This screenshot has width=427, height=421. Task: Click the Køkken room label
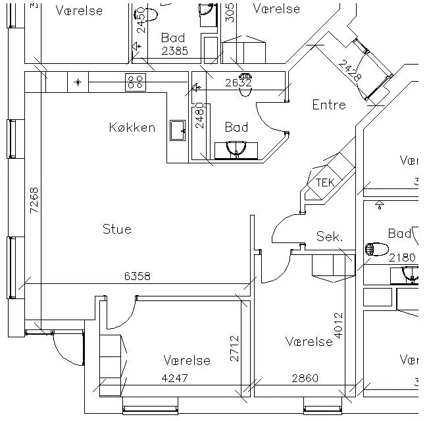coord(132,127)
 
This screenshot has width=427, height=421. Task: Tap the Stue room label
coord(117,229)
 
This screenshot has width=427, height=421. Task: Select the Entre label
coord(329,104)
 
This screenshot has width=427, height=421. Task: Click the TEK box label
coord(325,182)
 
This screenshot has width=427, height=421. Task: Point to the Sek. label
coord(330,237)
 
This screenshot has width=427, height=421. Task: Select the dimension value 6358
coord(138,277)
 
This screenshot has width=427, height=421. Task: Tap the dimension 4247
coord(175,378)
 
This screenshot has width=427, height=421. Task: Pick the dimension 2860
coord(305,378)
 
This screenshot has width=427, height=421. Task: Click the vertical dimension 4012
coord(339,325)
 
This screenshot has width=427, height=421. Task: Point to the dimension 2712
coord(234,349)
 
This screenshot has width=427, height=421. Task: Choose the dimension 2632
coord(238,83)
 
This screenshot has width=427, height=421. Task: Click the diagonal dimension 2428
coord(350,70)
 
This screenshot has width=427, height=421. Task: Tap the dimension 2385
coord(174,50)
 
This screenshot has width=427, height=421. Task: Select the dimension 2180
coord(402,258)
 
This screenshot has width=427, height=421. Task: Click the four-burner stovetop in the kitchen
coord(136,81)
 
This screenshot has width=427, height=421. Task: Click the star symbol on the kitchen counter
coord(78,82)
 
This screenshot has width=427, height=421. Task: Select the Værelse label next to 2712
coord(187,360)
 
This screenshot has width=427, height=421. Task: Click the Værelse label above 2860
coord(309,341)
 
